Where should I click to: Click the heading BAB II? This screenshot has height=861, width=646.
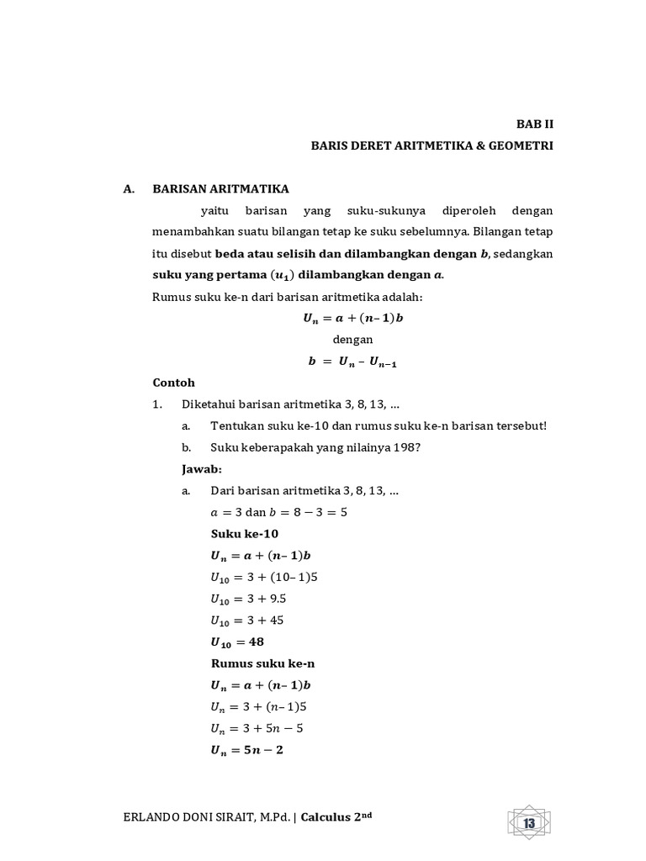(535, 124)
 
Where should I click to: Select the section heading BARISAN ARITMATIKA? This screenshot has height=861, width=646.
(220, 189)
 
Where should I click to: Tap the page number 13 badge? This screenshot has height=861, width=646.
(530, 823)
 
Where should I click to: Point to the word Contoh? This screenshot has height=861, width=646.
(173, 382)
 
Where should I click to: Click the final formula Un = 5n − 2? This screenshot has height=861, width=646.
(246, 750)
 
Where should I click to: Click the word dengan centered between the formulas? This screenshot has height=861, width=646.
(352, 340)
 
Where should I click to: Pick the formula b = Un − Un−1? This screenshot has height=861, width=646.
(352, 362)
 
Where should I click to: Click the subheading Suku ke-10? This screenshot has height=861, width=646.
(244, 533)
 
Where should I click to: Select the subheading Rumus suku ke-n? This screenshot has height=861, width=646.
(257, 663)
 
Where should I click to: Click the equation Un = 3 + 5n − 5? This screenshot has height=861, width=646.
(256, 728)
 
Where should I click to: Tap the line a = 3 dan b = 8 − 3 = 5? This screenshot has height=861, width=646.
(278, 511)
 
